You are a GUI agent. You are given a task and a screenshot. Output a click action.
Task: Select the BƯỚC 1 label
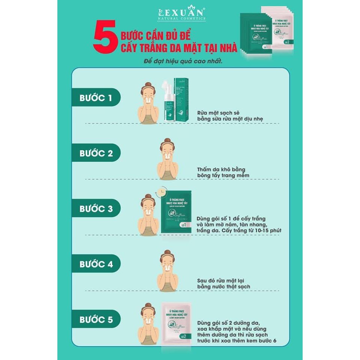tap(96, 98)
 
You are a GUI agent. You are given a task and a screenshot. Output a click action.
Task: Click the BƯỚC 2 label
tap(96, 153)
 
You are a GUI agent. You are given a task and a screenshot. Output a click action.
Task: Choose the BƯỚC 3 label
tap(96, 208)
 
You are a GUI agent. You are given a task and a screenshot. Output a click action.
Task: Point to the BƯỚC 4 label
tap(96, 264)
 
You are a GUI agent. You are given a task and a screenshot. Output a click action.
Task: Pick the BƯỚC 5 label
tap(96, 319)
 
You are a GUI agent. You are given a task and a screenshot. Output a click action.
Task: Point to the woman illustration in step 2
tap(167, 159)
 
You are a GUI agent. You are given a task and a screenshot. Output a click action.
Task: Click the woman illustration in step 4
tap(167, 271)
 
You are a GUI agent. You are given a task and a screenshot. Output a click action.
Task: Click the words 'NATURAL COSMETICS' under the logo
tap(181, 18)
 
